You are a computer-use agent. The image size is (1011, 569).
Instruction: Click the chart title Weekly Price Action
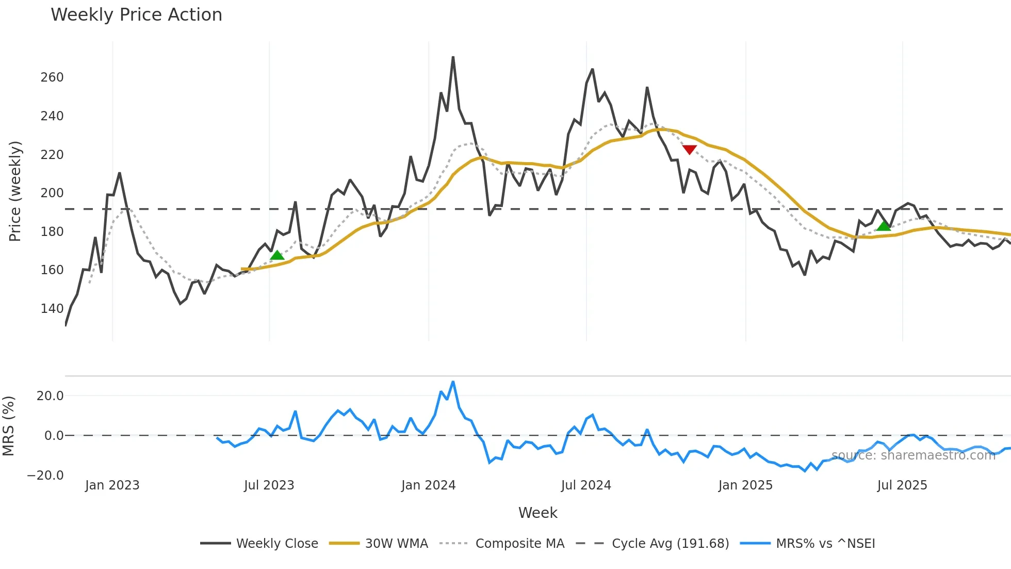(x=136, y=15)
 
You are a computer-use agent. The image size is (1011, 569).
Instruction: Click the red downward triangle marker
(x=689, y=150)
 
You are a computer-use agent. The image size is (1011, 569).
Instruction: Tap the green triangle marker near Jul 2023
(x=277, y=255)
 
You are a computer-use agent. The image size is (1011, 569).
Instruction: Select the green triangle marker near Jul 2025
(x=884, y=226)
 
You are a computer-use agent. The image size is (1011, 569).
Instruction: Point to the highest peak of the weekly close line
(x=453, y=58)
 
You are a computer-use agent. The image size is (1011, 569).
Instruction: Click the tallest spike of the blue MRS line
(x=453, y=383)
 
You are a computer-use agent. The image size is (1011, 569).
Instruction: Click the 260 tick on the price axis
(x=52, y=77)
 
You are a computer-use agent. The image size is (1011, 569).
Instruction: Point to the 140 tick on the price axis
(x=52, y=309)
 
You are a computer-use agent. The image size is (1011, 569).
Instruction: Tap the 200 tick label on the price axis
(x=52, y=193)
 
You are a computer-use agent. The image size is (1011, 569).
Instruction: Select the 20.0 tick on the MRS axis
(x=50, y=396)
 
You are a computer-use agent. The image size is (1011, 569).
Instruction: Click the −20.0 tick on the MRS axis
(x=45, y=475)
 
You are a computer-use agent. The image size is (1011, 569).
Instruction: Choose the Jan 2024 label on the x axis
(x=428, y=485)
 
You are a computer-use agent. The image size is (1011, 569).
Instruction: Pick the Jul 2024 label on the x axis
(x=586, y=485)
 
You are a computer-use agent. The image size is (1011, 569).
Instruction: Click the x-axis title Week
(x=537, y=513)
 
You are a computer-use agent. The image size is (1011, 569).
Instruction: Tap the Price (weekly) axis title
(x=15, y=191)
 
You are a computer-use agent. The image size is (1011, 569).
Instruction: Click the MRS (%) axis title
(x=8, y=426)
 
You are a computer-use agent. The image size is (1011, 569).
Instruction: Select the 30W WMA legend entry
(x=396, y=544)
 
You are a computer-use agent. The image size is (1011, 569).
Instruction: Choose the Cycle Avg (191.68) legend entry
(x=670, y=544)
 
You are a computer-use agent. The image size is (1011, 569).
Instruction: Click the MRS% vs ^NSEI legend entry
(x=825, y=544)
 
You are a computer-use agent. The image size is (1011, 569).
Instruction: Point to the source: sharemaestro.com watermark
(x=913, y=455)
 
